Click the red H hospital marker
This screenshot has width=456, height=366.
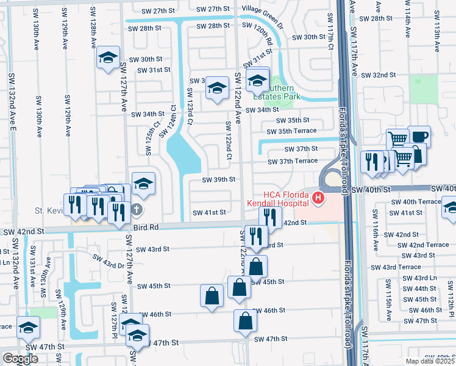(318, 198)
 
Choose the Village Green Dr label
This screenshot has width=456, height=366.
(262, 9)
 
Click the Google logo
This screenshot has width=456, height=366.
(20, 359)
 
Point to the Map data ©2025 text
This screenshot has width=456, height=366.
(430, 361)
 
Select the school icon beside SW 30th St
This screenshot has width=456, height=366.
(108, 58)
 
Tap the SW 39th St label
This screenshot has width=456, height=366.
(219, 179)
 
